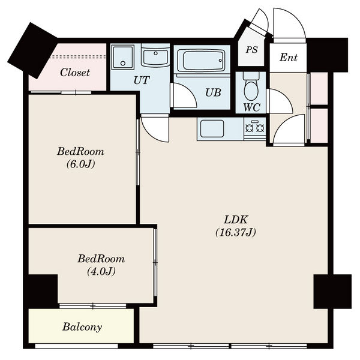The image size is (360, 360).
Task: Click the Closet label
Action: pos(75,73)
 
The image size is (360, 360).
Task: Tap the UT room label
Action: pos(142,80)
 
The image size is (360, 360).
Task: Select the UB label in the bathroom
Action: pos(213,92)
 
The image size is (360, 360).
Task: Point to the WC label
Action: pos(251,107)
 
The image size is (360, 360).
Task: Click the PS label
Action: pos(252,50)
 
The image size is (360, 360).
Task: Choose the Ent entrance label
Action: pos(289,58)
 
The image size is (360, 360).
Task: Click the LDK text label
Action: pos(236,220)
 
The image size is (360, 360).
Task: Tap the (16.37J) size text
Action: pos(236,232)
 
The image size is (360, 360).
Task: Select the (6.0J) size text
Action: pos(80,164)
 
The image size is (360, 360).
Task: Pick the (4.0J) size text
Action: pos(101,271)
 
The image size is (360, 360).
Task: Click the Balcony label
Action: pos(82,327)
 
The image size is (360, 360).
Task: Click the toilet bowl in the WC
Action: pos(251,88)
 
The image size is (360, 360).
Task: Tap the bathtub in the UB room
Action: pos(201,61)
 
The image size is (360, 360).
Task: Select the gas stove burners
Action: pos(255,128)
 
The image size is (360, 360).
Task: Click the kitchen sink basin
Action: pos(212,128)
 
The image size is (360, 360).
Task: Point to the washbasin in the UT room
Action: pos(155,58)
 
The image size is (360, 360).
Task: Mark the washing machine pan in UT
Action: pos(122,58)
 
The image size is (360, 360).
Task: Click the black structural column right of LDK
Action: pos(332,292)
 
